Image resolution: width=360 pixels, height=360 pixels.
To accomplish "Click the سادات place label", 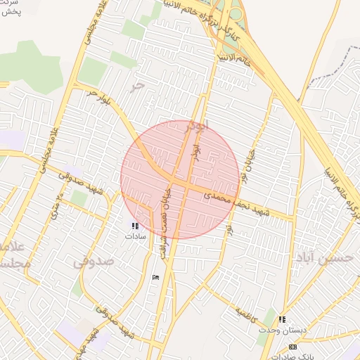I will pos(135,237).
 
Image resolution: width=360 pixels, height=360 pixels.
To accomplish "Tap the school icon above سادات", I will pos(134,226).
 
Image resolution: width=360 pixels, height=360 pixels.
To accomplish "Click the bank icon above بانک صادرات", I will pos(293,347).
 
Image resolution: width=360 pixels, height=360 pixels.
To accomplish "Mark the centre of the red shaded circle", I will pos(180,180).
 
